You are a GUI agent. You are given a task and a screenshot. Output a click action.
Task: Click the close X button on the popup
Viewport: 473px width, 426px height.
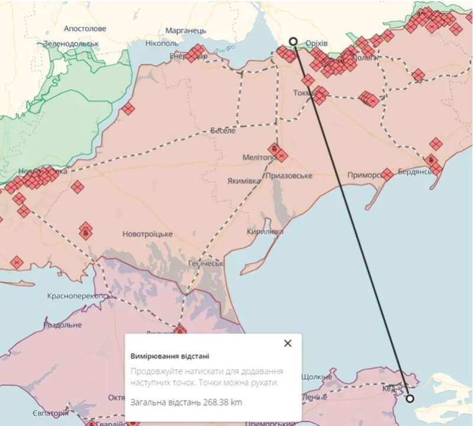287,343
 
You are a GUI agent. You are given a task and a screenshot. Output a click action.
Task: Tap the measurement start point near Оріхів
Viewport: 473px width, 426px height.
293,41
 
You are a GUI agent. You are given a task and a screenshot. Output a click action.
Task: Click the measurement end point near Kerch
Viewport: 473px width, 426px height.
410,398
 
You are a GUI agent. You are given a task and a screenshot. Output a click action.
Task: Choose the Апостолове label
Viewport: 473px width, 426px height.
85,28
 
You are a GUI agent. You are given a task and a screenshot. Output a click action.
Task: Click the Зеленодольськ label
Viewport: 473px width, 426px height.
71,44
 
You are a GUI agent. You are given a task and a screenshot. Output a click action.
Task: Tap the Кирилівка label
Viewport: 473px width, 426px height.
265,232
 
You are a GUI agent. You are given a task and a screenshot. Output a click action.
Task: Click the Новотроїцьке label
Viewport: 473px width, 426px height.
147,234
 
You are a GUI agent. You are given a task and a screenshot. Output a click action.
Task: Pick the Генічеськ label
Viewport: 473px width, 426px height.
205,263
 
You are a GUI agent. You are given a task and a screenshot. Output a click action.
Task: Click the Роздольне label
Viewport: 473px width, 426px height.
61,325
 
